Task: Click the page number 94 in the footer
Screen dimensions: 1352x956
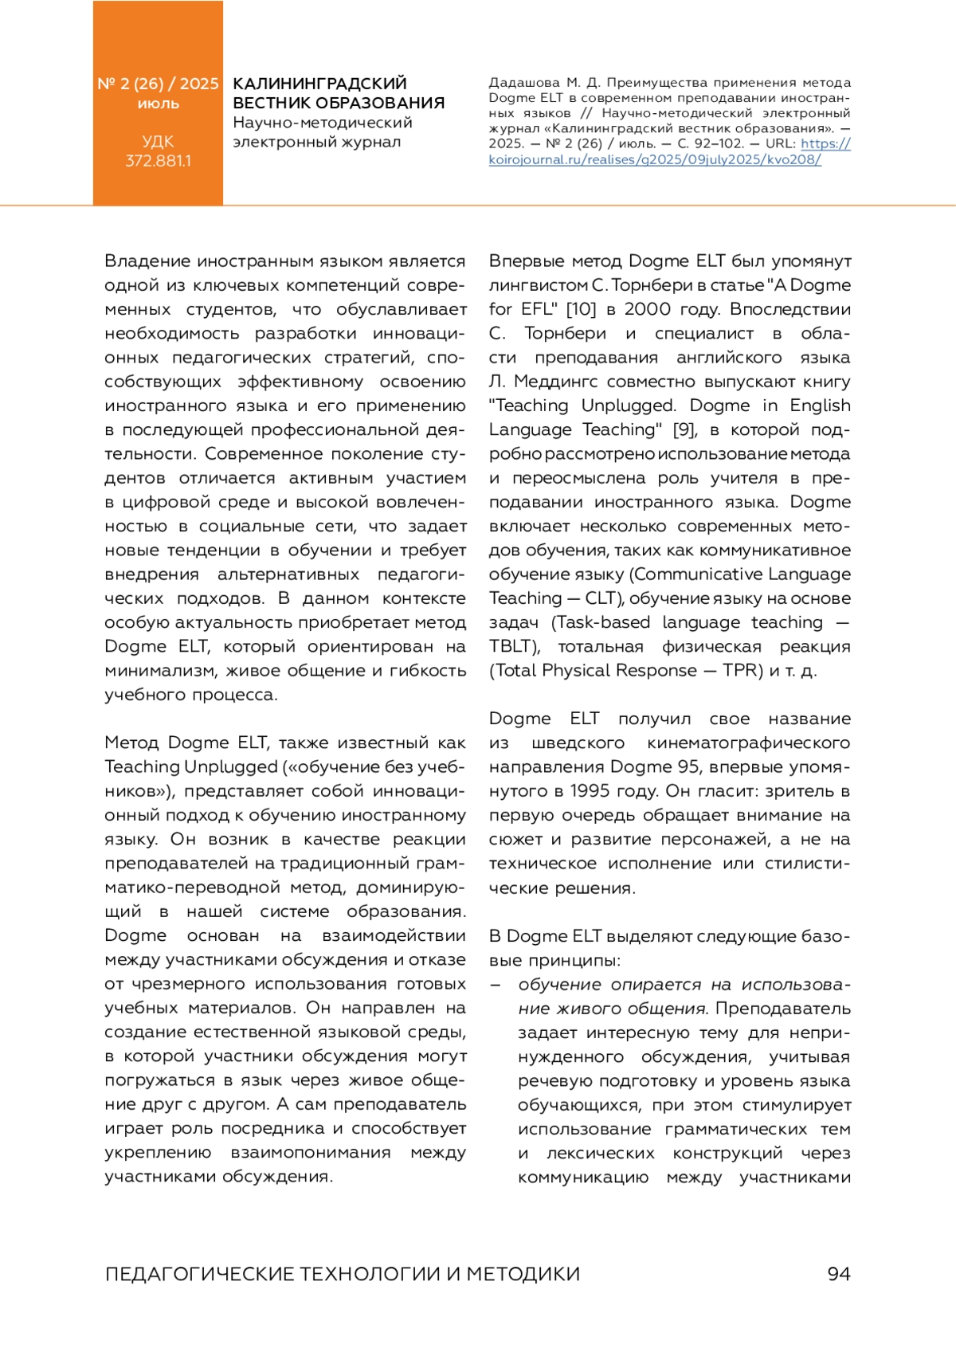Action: click(x=838, y=1274)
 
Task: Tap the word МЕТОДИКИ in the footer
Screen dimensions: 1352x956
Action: click(x=523, y=1274)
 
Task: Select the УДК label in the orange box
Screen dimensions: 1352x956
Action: click(x=158, y=142)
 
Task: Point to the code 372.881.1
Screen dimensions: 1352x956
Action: click(x=158, y=161)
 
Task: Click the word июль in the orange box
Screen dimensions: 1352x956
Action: click(x=158, y=104)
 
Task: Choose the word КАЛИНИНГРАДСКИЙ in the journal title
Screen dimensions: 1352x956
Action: click(x=319, y=84)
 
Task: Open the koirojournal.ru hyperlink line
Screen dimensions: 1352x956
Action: click(x=655, y=159)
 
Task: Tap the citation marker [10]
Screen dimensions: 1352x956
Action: click(x=581, y=309)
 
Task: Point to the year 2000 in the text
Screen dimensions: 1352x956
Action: click(x=648, y=309)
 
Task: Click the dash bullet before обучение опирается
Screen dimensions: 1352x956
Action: click(x=496, y=985)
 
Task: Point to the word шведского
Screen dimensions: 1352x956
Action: click(x=578, y=743)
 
